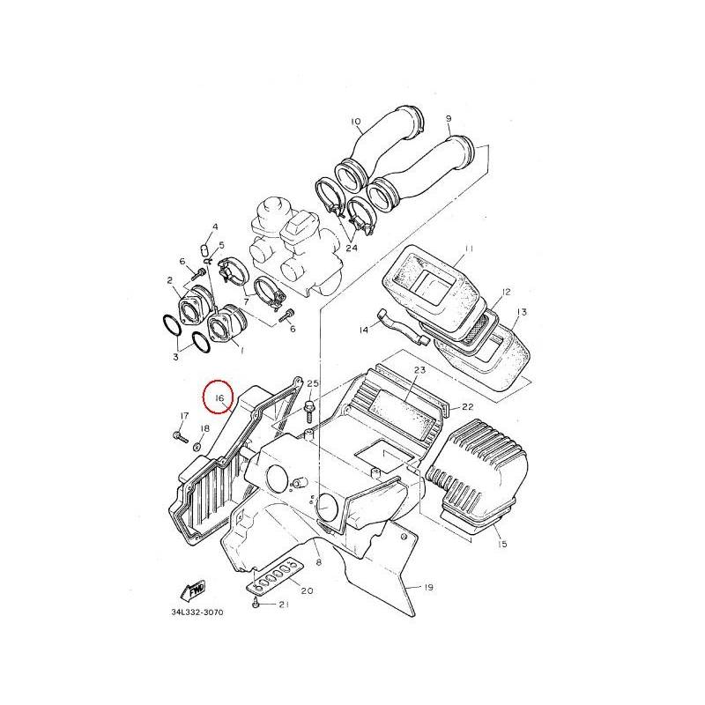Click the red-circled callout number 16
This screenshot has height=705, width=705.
[x=219, y=398]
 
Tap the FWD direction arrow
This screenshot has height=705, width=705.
[x=192, y=590]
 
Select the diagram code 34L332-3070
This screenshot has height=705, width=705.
[x=197, y=612]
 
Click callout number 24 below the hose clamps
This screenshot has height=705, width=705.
[x=352, y=248]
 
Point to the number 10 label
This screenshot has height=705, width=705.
[x=355, y=122]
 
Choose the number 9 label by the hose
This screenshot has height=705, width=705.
[x=449, y=119]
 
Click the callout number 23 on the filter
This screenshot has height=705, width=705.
[x=419, y=370]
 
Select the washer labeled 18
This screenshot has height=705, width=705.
[x=197, y=447]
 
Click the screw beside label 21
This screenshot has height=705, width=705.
[x=256, y=603]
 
